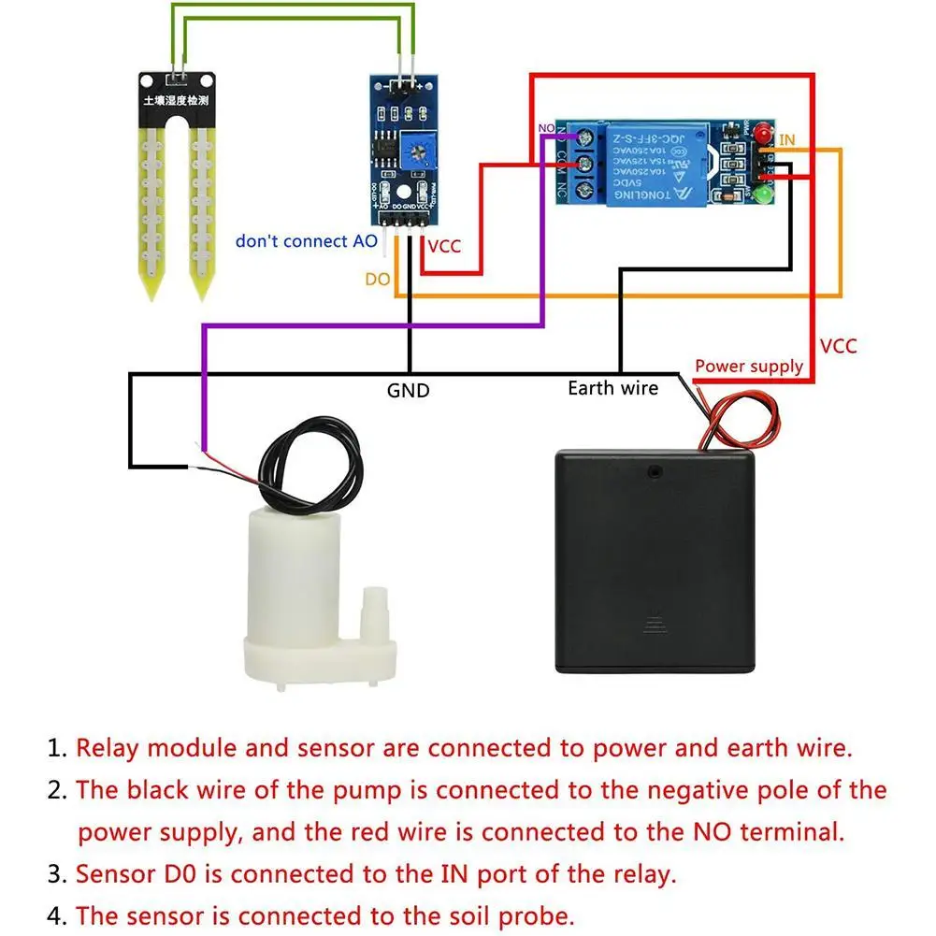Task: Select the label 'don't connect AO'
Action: point(306,241)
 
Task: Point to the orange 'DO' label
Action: point(377,280)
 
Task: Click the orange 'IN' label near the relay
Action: point(787,140)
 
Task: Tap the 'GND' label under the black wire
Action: point(408,390)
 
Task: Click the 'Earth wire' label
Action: point(612,387)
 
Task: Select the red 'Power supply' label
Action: point(748,367)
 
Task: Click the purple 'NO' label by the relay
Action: point(546,127)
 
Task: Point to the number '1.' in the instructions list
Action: point(58,748)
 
